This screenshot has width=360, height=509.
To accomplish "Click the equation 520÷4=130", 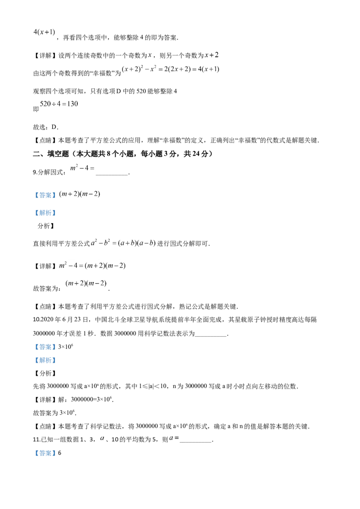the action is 59,104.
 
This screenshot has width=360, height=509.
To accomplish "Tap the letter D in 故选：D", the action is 54,127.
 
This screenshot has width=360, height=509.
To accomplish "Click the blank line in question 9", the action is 112,174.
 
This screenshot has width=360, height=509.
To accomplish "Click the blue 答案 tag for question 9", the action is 45,195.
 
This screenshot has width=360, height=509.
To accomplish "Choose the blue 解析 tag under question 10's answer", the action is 45,360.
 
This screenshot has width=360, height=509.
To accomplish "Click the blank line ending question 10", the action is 211,336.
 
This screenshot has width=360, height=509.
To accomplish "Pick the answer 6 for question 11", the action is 60,453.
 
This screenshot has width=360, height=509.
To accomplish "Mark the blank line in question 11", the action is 196,442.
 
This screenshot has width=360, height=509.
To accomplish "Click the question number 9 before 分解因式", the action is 35,172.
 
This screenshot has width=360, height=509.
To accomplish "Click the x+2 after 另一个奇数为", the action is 211,55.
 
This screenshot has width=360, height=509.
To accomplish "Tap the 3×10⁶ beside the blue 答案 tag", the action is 66,347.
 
